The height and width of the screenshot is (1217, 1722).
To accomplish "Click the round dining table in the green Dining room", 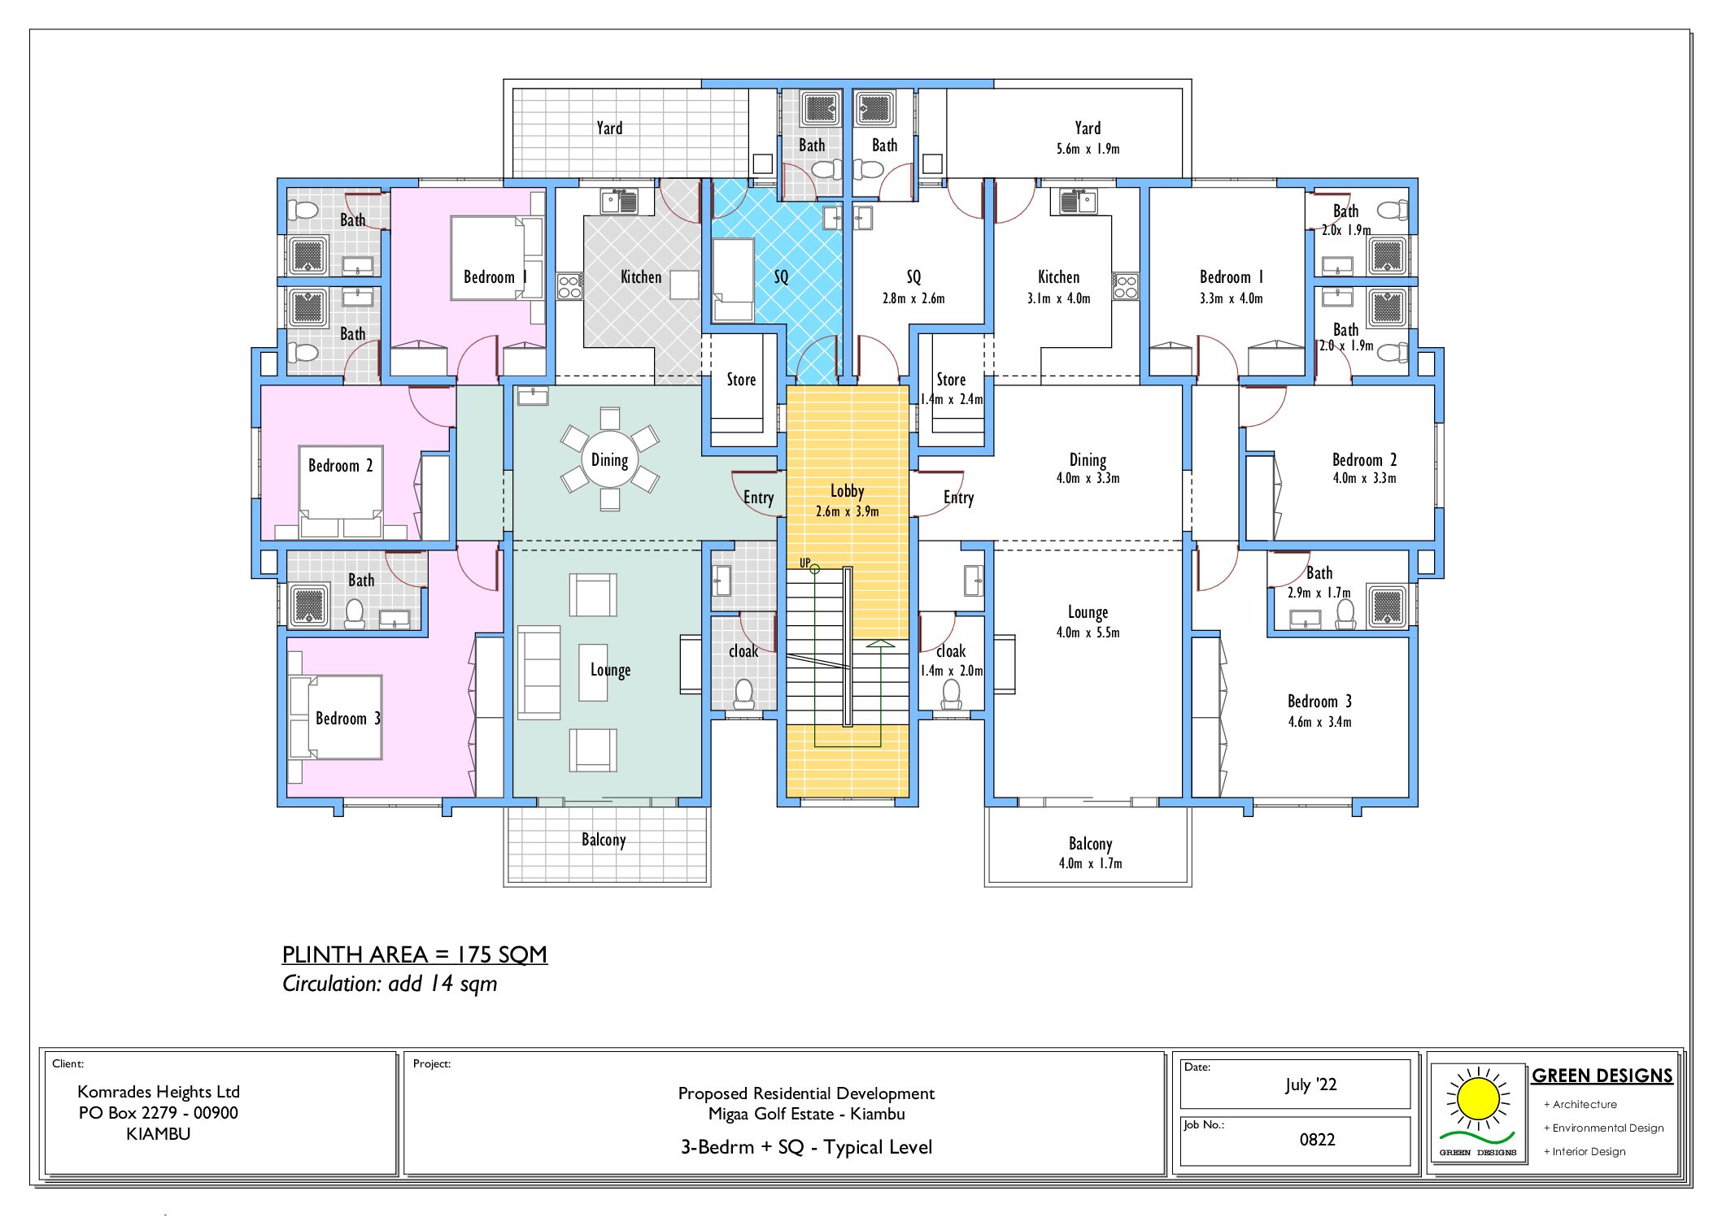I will (609, 460).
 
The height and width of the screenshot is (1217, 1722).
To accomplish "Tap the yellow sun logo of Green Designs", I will (1478, 1099).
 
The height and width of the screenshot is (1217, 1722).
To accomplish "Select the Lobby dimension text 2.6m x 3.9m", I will (847, 511).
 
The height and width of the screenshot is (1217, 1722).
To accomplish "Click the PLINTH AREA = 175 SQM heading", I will (414, 954).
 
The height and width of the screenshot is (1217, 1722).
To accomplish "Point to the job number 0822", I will (1317, 1139).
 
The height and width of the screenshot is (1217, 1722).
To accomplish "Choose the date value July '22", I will (1310, 1084).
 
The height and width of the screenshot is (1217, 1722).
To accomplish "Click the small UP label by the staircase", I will (804, 563).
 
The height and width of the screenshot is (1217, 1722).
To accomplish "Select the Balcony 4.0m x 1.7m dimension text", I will (1090, 863).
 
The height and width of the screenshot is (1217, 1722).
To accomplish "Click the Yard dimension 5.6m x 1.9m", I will (1088, 149).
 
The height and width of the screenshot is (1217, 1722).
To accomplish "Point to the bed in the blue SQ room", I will (733, 280).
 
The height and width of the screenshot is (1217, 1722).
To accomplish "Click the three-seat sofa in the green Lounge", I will (538, 672).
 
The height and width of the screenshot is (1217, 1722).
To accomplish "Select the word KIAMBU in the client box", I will (158, 1133).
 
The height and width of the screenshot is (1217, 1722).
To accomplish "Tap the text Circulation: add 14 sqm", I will (389, 984).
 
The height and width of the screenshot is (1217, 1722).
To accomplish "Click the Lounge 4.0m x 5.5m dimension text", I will (1088, 632).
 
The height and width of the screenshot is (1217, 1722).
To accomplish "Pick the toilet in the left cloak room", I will (743, 693).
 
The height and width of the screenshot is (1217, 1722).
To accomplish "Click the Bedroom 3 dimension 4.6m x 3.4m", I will (1319, 722).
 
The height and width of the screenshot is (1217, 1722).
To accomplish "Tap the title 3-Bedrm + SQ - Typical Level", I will (806, 1147).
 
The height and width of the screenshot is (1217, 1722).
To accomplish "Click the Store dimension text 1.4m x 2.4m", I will (951, 399).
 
